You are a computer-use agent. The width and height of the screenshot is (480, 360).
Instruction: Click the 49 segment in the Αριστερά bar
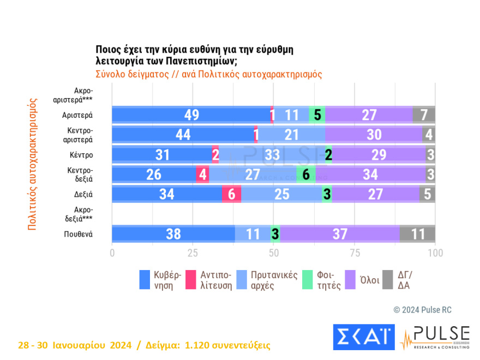191,115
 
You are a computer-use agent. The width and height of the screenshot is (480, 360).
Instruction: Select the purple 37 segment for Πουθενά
339,234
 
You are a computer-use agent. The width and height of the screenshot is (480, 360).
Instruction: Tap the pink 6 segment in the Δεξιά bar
231,194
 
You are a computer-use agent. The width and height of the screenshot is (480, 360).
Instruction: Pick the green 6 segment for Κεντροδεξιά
305,175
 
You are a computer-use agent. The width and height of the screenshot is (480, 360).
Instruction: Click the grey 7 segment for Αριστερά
424,115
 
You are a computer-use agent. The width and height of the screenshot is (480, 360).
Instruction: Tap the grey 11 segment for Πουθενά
417,234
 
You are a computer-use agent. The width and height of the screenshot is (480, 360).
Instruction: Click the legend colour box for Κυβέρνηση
145,279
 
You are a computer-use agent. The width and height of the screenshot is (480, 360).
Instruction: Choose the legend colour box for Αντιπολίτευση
190,279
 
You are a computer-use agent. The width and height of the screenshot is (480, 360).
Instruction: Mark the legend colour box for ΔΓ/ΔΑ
389,279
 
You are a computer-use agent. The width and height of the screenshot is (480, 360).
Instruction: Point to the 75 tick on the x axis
355,253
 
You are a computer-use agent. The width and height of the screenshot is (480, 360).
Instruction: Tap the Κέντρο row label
81,154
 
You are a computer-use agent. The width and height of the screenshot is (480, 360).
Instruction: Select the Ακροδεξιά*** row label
80,214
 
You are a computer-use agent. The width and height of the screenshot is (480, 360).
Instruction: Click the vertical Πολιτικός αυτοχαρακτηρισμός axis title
33,164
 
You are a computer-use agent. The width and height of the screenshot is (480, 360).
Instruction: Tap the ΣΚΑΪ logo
363,337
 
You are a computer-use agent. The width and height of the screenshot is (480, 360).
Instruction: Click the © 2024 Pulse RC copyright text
422,310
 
